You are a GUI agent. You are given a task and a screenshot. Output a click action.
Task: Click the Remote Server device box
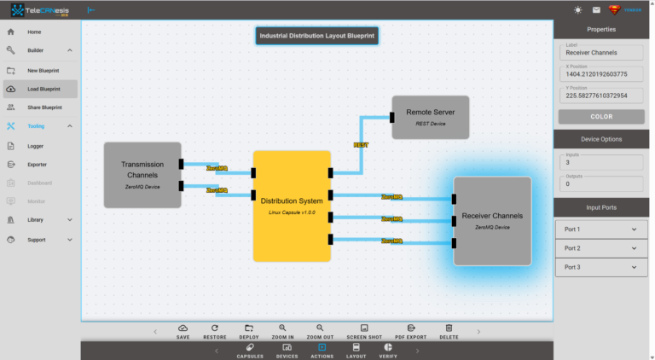(x=431, y=117)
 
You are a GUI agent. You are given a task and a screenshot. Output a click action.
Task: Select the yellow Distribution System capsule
(x=292, y=206)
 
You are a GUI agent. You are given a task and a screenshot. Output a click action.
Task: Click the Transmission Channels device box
(x=142, y=175)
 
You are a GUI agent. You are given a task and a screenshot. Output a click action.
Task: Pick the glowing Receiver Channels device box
(x=492, y=221)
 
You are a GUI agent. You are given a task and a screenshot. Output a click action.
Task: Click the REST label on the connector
(x=361, y=145)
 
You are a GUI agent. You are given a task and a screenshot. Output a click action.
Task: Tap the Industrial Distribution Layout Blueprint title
(x=317, y=36)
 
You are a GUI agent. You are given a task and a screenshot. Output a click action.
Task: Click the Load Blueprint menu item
(x=43, y=89)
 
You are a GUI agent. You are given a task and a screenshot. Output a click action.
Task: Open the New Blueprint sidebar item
(x=43, y=70)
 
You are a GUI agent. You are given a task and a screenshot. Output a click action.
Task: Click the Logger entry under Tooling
(x=35, y=146)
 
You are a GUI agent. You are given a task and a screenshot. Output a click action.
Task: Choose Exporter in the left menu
(x=37, y=164)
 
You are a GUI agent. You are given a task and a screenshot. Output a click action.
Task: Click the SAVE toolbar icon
(x=183, y=332)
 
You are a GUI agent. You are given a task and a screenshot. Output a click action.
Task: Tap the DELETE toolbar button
(x=449, y=332)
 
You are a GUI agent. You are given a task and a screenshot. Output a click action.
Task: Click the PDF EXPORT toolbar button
(x=410, y=332)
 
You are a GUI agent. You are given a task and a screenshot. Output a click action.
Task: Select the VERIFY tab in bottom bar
(x=388, y=351)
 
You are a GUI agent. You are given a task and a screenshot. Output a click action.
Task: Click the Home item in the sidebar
(x=34, y=32)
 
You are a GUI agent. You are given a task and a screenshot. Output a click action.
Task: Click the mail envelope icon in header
(x=596, y=10)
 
